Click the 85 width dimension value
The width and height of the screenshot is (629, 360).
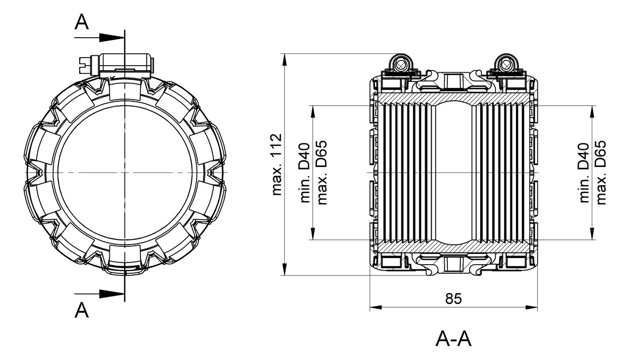[453, 299]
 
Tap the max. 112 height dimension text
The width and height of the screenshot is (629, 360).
[277, 164]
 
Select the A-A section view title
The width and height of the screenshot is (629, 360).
[453, 339]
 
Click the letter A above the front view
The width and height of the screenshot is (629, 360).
[82, 22]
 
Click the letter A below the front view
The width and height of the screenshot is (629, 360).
[82, 310]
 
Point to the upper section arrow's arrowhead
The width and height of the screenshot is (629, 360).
[112, 38]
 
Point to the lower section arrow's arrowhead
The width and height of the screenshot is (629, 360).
[112, 293]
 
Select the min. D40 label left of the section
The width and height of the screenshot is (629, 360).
[305, 172]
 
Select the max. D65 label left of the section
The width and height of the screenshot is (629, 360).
[322, 172]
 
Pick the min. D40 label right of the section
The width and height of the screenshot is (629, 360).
[584, 172]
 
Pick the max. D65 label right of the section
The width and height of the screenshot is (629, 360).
[602, 172]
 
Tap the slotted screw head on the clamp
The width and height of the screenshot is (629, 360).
[86, 65]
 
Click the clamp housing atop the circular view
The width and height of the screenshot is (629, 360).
[126, 64]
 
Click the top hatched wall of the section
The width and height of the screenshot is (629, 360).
[453, 98]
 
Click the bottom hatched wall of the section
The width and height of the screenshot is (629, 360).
[453, 248]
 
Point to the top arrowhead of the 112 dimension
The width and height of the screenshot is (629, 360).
[285, 59]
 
